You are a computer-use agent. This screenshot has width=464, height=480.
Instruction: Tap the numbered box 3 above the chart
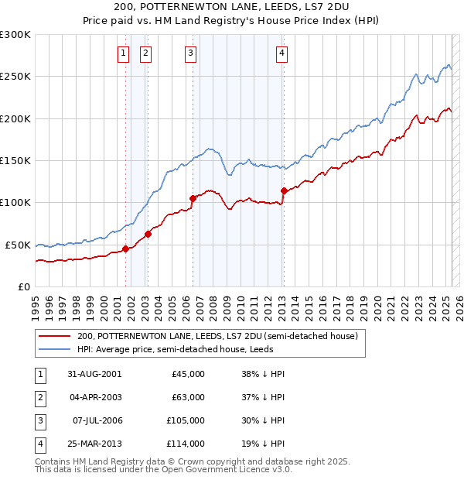190,53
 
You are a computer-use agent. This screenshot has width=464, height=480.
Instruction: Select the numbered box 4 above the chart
282,53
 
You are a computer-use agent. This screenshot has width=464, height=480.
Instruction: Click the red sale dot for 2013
284,190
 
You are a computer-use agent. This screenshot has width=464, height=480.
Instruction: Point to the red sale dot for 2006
192,198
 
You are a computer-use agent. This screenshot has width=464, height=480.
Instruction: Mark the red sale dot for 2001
125,249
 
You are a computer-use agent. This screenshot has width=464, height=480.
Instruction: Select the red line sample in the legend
54,337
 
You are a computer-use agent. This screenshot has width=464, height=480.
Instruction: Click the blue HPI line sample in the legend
54,349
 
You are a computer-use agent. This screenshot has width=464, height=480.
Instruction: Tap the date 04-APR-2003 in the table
95,397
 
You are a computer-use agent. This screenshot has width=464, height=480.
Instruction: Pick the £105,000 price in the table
186,420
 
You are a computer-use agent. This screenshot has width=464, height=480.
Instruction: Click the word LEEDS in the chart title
264,7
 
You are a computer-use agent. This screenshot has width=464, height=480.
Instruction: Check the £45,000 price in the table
188,374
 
